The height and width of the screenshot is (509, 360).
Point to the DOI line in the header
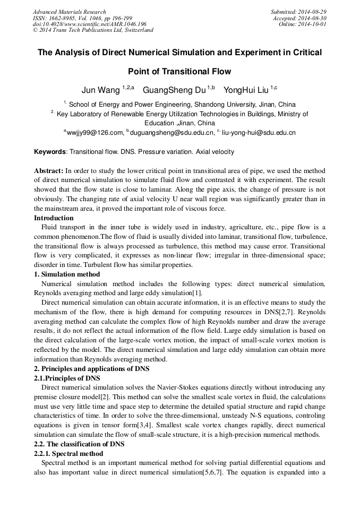click(x=90, y=24)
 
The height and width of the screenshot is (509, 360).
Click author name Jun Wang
click(x=100, y=90)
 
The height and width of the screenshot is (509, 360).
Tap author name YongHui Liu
click(x=246, y=90)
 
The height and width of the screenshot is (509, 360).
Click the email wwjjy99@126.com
click(x=95, y=132)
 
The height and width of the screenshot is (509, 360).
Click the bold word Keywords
click(x=49, y=152)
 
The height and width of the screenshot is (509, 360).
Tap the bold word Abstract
click(x=48, y=171)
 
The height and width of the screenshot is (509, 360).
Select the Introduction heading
click(x=54, y=218)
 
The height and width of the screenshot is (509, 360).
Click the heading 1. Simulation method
click(x=66, y=274)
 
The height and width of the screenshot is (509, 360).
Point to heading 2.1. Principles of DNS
click(x=67, y=378)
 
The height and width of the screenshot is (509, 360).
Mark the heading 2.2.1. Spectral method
click(x=68, y=454)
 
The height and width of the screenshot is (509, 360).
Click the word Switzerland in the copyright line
click(x=137, y=30)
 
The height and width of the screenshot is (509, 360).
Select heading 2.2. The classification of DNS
click(x=79, y=444)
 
